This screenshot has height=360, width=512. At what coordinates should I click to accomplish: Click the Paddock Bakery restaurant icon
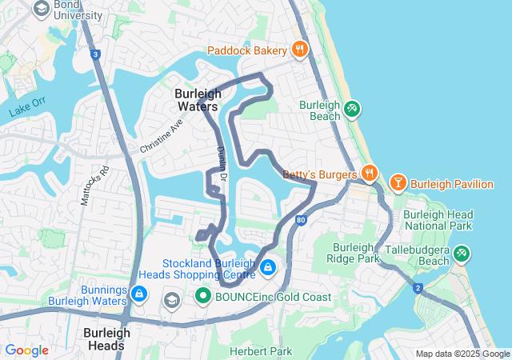[300, 50]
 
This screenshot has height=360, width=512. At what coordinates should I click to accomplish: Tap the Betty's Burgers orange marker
[369, 173]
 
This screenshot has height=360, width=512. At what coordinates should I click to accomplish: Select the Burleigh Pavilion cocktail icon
[398, 183]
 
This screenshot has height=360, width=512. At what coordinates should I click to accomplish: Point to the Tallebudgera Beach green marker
[462, 254]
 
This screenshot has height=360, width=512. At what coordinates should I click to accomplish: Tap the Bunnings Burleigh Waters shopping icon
[140, 295]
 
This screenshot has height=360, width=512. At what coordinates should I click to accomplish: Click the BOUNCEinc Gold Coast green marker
[203, 297]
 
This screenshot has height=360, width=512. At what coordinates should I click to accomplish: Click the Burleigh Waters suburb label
[197, 100]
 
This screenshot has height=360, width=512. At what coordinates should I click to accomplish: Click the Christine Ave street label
[162, 137]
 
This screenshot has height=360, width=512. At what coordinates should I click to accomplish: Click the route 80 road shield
[300, 219]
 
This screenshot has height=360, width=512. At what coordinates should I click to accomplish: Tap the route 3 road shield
[95, 54]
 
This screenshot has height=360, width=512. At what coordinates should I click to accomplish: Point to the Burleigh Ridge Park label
[356, 253]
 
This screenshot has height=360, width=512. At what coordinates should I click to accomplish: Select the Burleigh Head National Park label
[438, 221]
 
